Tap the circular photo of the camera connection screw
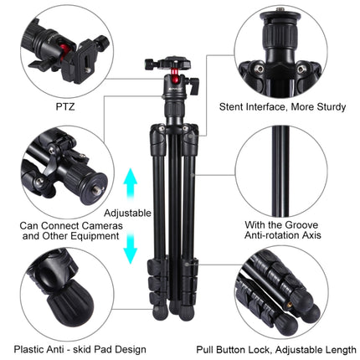click(65, 167)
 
